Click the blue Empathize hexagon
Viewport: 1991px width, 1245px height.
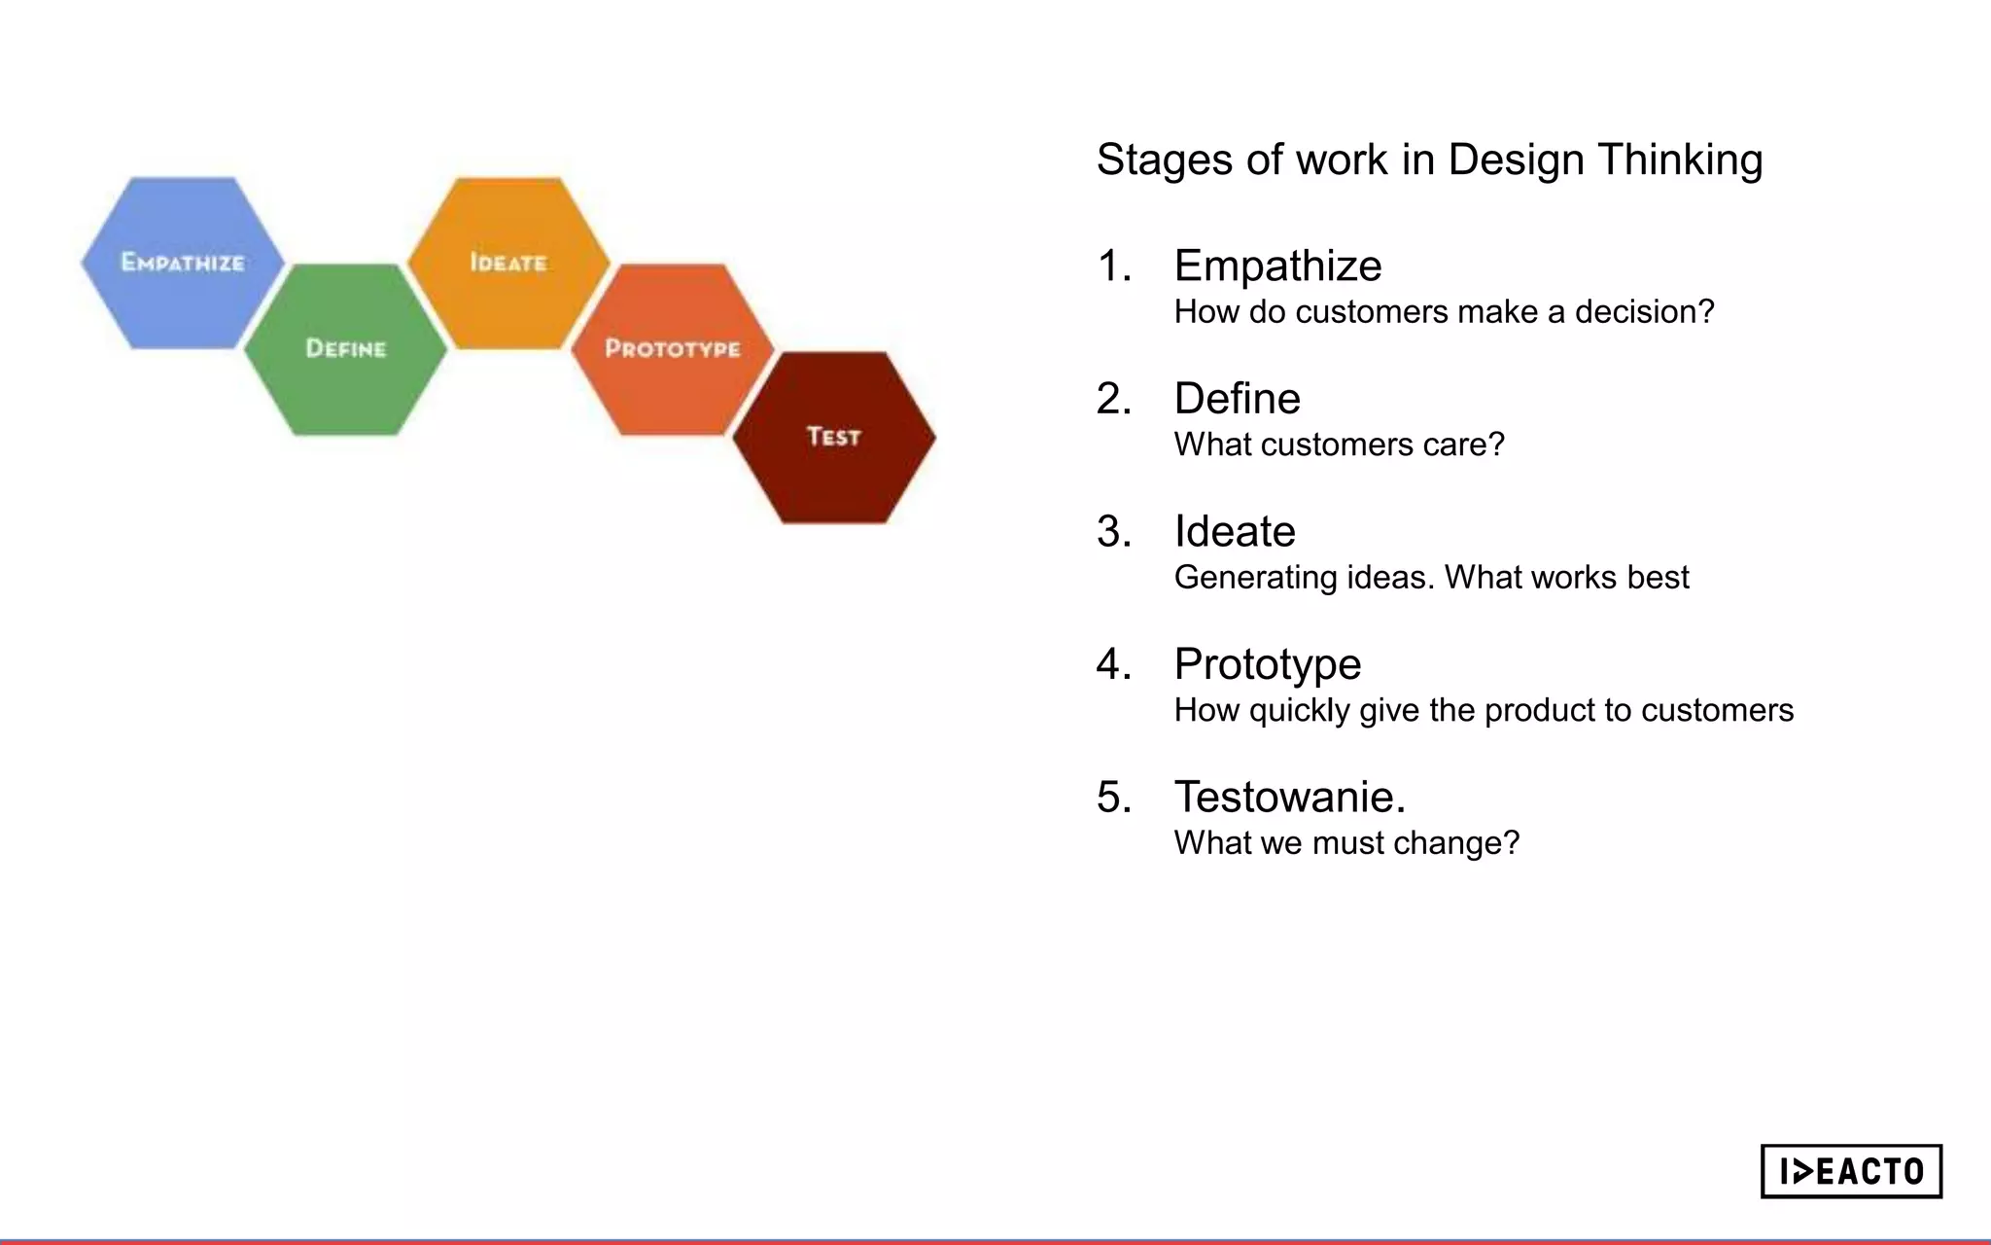click(x=183, y=263)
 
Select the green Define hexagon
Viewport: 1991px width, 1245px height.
click(x=345, y=349)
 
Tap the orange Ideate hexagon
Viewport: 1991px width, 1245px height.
click(x=508, y=263)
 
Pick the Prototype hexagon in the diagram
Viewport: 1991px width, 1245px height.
click(x=672, y=349)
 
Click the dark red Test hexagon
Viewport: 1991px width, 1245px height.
click(x=834, y=437)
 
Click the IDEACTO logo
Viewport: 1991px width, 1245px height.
click(x=1851, y=1171)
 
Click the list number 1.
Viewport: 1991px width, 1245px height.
click(x=1113, y=266)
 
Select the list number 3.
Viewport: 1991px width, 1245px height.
click(x=1113, y=531)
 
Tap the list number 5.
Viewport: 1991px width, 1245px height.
click(x=1113, y=797)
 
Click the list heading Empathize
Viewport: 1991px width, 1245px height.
click(x=1277, y=266)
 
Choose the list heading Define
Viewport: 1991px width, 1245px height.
click(x=1237, y=399)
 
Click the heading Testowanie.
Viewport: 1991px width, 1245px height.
click(x=1289, y=797)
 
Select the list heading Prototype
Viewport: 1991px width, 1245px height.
click(x=1267, y=664)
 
